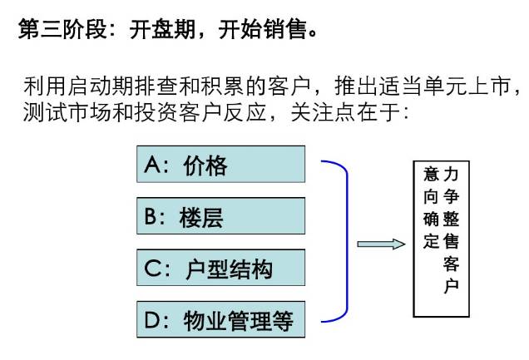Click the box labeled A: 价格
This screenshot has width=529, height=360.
(220, 164)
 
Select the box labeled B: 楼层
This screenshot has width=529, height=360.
(220, 215)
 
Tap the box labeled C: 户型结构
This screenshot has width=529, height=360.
(220, 268)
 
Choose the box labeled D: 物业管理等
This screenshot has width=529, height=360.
(220, 319)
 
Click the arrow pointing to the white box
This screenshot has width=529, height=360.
(381, 244)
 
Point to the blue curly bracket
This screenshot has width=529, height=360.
(347, 241)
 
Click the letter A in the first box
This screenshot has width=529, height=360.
(151, 165)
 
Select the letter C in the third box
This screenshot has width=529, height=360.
(152, 269)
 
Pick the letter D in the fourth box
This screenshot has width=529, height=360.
(152, 320)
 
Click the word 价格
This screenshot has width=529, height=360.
(205, 165)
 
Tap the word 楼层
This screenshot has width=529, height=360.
(201, 218)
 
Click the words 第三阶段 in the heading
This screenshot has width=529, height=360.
(62, 29)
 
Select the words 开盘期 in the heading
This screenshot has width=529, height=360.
(162, 29)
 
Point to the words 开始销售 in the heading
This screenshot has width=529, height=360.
(262, 29)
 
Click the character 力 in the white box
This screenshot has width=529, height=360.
(451, 175)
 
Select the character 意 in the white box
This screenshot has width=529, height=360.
(432, 175)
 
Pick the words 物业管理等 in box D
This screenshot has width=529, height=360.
(238, 321)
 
